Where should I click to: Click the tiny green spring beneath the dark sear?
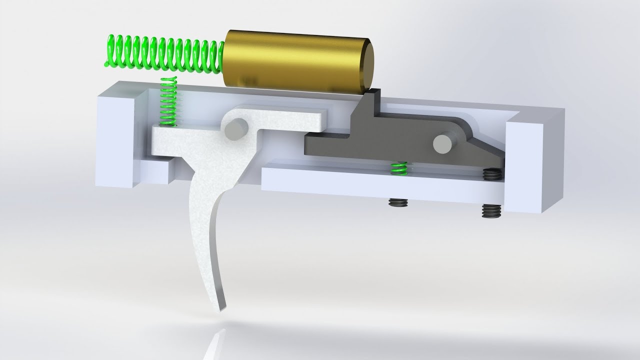click(x=398, y=168)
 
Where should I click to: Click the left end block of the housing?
click(x=117, y=135)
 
